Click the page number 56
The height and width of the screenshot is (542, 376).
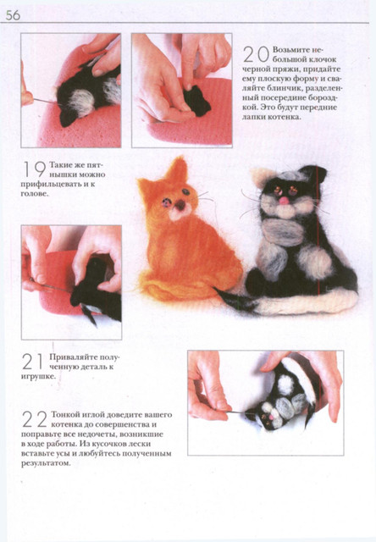[13, 15]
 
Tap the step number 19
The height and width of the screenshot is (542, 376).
[35, 169]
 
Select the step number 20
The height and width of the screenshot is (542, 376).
[256, 54]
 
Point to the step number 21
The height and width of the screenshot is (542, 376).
[33, 361]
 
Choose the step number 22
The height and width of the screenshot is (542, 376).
[35, 418]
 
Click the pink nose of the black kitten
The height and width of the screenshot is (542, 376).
[284, 201]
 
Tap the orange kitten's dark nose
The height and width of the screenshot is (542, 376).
[180, 205]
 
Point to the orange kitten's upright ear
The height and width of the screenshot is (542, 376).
[178, 169]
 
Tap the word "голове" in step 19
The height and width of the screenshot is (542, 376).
[34, 194]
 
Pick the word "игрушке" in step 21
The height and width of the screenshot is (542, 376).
[37, 376]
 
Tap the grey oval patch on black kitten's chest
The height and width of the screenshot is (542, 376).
[284, 232]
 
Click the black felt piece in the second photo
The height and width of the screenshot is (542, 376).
[197, 100]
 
